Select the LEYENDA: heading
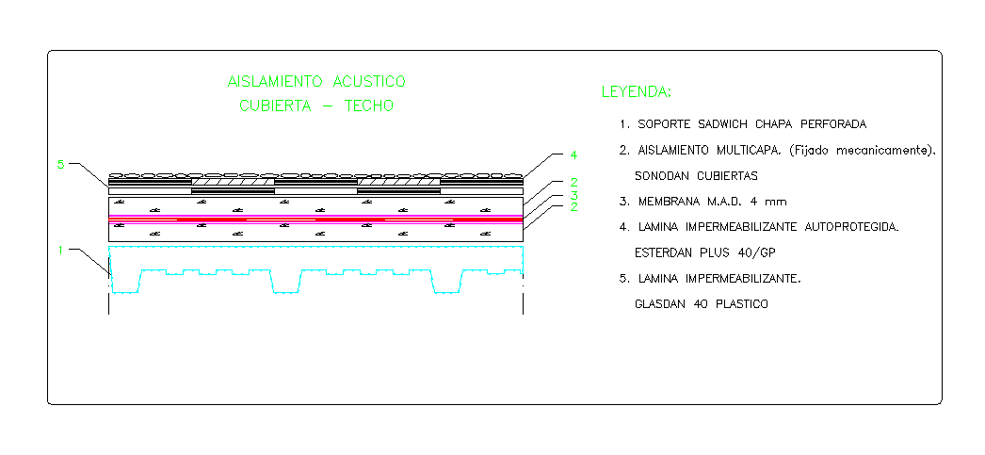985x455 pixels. pyautogui.click(x=637, y=92)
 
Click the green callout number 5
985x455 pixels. pyautogui.click(x=61, y=165)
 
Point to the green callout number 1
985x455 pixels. pyautogui.click(x=61, y=251)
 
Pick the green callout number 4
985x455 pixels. pyautogui.click(x=573, y=154)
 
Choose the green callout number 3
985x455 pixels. pyautogui.click(x=573, y=196)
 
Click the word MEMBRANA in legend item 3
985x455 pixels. pyautogui.click(x=670, y=202)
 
